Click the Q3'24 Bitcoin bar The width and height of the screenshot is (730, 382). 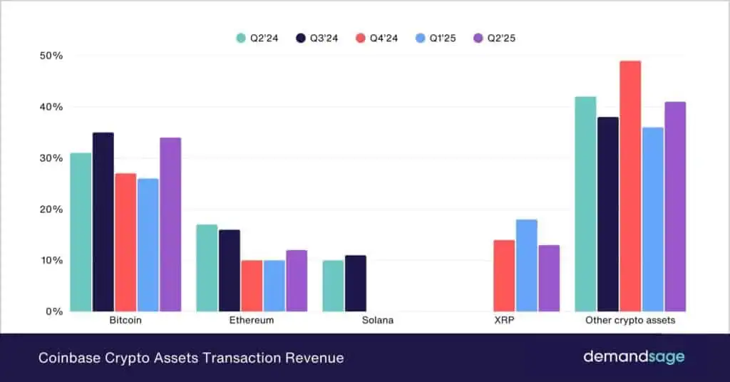103,222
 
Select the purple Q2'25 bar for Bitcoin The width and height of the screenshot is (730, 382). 170,224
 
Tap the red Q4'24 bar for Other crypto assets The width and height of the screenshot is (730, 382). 630,186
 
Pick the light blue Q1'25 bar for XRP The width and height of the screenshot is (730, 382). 526,265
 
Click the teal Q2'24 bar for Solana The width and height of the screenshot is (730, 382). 332,286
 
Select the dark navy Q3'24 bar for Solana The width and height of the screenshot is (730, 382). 355,283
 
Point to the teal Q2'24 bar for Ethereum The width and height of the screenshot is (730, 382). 207,268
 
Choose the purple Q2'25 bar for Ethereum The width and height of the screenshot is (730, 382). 296,281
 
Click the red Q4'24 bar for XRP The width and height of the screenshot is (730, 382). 504,276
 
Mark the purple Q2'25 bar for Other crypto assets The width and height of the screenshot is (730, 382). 674,207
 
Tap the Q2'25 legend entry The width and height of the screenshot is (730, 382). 494,38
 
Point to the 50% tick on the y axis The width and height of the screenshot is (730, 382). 50,56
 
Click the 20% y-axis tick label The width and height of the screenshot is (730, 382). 50,210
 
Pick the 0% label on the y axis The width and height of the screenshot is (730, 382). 53,311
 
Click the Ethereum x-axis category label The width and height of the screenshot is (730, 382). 251,321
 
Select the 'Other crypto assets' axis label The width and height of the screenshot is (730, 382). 630,321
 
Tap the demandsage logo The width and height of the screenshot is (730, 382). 634,357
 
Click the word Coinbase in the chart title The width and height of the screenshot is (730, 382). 66,358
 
